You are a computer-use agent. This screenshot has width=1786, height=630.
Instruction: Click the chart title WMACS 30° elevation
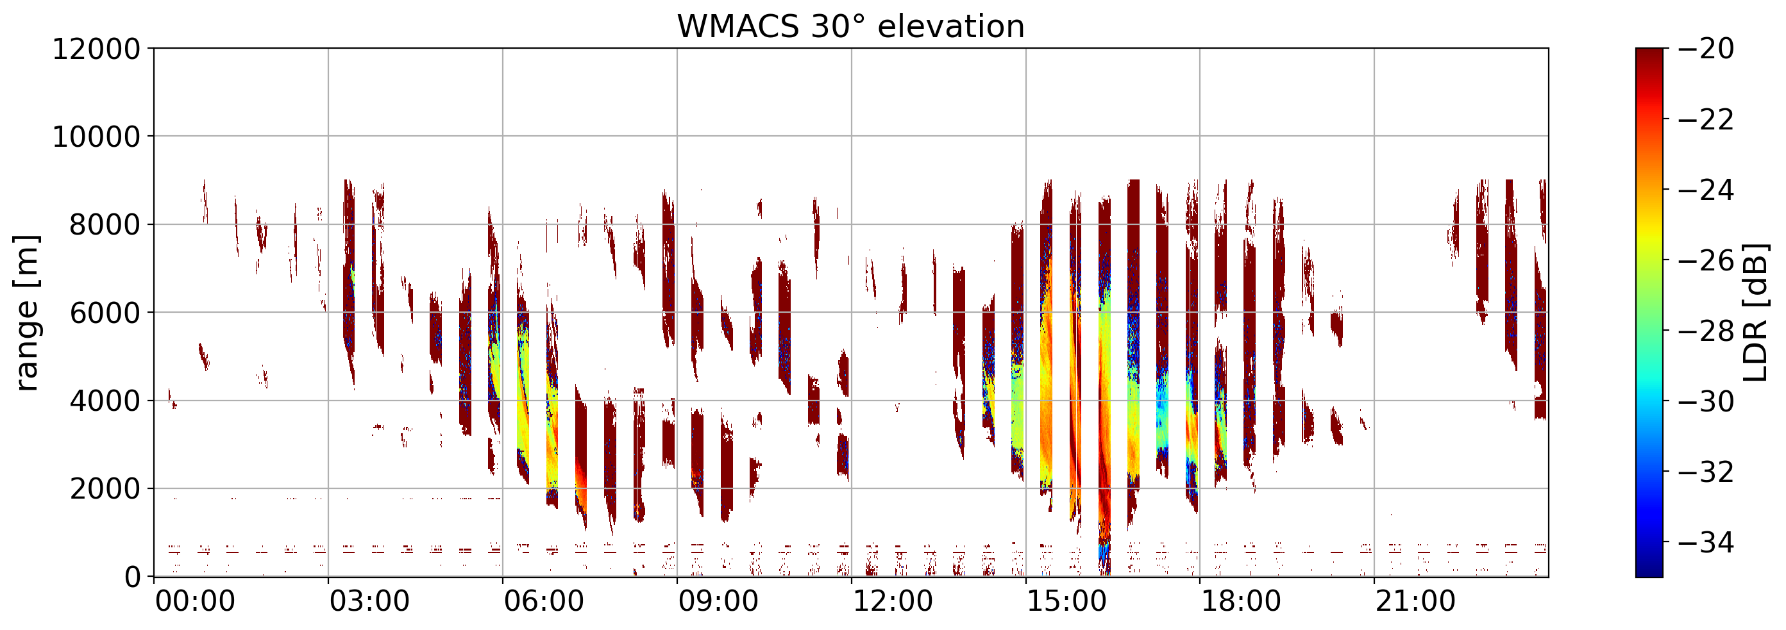851,27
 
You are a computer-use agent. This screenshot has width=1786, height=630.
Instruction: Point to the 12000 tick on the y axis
96,49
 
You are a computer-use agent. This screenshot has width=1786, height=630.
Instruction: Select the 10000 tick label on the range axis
96,137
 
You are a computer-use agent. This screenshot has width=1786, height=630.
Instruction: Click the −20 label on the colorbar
1706,49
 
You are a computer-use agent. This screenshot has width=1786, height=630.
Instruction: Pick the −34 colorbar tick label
1706,543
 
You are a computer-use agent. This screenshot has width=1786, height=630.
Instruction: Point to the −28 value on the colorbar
1706,331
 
